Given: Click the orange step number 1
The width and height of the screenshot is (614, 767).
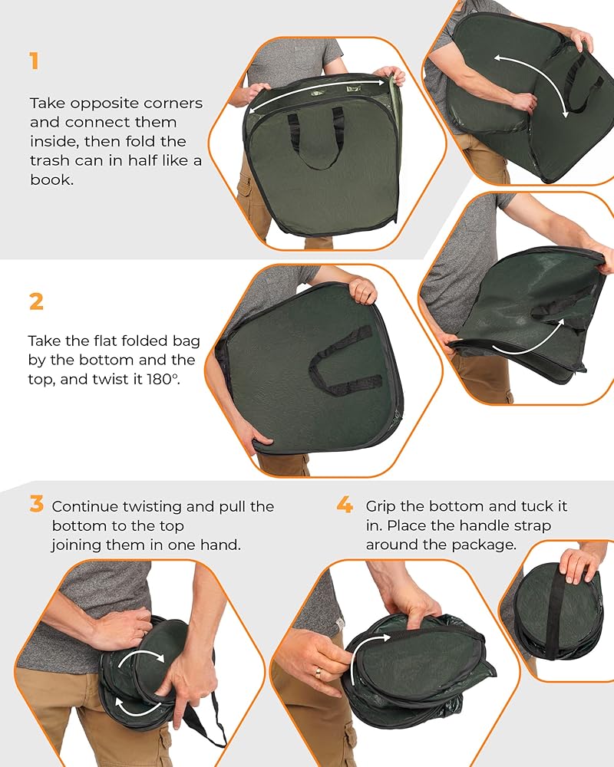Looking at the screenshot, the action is [34, 61].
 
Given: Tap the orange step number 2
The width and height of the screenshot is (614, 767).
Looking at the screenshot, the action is [36, 301].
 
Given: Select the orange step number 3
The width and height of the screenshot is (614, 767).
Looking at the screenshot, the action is [36, 503].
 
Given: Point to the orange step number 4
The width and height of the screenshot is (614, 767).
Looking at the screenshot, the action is [345, 504].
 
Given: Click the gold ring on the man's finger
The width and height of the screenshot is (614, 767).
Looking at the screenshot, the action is [319, 673].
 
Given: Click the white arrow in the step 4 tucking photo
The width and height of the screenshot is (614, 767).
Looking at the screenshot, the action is [365, 647].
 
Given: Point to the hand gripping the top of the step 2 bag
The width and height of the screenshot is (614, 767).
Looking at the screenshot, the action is [363, 291].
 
